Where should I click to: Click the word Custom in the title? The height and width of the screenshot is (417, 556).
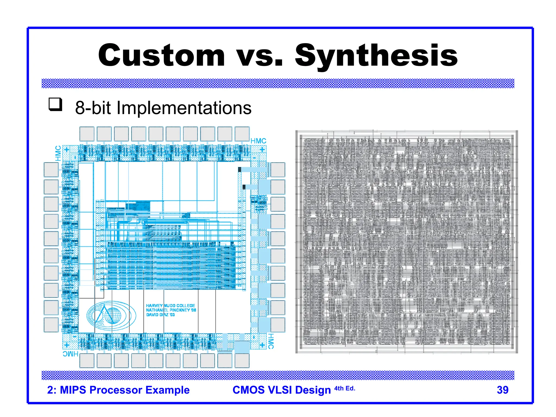click(x=161, y=55)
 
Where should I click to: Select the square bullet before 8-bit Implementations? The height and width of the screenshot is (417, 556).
click(x=55, y=105)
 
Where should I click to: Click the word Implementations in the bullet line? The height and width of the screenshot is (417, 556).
click(x=184, y=108)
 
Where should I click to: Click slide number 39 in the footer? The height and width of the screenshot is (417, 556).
click(x=502, y=390)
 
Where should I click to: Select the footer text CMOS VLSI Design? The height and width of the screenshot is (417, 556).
click(x=282, y=390)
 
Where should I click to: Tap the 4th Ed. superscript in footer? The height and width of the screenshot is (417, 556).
click(x=345, y=388)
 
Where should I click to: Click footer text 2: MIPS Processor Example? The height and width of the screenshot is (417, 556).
click(x=118, y=390)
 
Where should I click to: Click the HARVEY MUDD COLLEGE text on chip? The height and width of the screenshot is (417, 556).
click(x=170, y=305)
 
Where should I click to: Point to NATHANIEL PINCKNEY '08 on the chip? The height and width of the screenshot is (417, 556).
click(x=171, y=310)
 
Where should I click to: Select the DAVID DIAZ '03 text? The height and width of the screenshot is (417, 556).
click(x=160, y=315)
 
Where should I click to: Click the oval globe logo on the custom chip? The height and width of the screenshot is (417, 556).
click(x=111, y=315)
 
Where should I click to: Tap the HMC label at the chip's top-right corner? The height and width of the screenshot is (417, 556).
click(x=258, y=141)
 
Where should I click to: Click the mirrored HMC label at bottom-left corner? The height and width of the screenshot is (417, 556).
click(x=71, y=354)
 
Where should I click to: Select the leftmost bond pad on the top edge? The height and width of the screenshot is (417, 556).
click(x=87, y=134)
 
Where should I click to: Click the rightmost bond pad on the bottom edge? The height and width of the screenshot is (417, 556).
click(x=242, y=361)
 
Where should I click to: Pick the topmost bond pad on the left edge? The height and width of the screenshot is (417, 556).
click(x=51, y=170)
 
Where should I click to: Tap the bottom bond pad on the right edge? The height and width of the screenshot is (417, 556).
click(x=278, y=325)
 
